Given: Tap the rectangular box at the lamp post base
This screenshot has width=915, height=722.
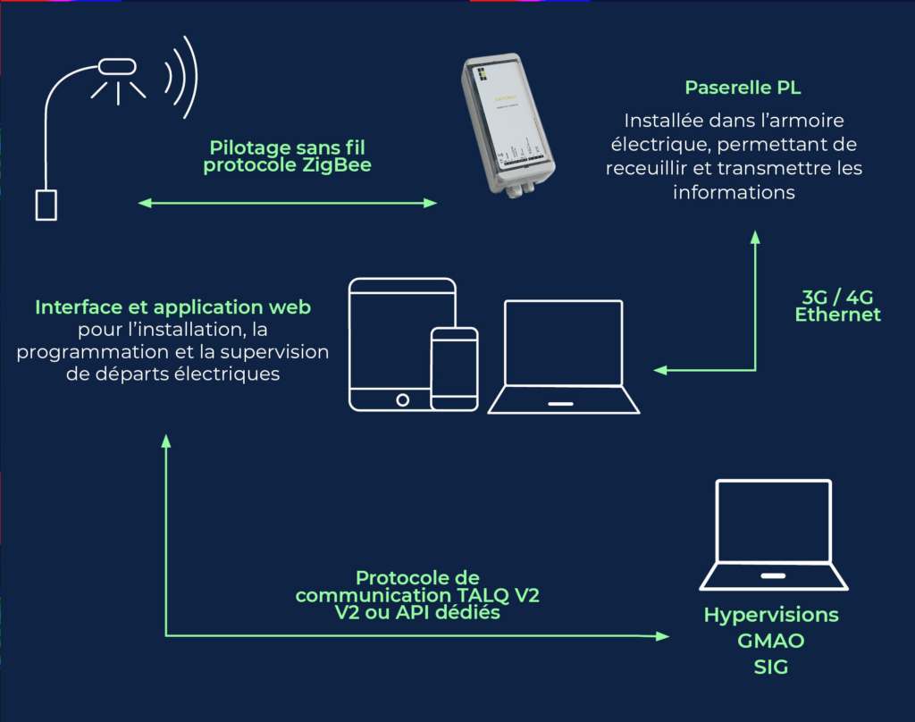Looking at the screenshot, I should pos(46,204).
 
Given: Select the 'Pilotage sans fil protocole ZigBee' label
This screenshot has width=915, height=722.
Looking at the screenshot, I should pos(287,156).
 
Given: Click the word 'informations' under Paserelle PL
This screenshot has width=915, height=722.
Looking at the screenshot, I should pos(734,192).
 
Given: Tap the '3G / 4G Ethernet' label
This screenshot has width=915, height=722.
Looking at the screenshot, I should pos(837,306).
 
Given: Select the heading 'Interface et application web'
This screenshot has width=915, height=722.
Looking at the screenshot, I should pos(173,307).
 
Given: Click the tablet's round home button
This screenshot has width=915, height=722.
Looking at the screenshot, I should pos(403,399).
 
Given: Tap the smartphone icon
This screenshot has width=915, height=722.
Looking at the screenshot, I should pos(454,368).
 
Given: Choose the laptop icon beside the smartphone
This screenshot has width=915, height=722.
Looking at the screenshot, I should pos(563,357).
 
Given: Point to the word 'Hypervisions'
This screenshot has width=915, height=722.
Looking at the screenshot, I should pos(771,616).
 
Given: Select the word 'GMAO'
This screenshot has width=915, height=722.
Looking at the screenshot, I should pos(770,642).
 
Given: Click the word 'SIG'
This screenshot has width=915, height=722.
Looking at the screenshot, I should pos(770,667).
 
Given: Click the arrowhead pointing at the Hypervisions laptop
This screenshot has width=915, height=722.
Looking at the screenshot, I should pos(662,636).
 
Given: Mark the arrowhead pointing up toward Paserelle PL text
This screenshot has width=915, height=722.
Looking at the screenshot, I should pos(755,237).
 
